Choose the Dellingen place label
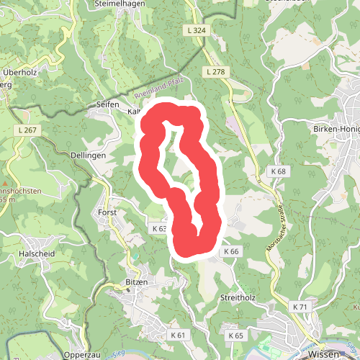click(89, 155)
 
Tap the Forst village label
click(107, 213)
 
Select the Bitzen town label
click(135, 282)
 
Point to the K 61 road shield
click(178, 336)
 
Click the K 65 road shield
click(235, 336)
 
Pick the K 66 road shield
click(230, 251)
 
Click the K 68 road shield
click(279, 171)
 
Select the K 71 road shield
click(300, 307)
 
